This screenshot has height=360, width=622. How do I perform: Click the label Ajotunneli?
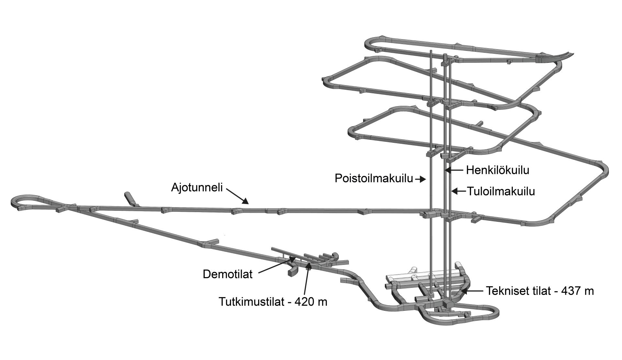click(x=197, y=187)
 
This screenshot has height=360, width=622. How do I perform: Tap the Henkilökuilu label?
click(x=498, y=170)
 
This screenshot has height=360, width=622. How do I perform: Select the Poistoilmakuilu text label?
click(x=374, y=178)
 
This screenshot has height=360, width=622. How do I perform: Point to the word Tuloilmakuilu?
click(x=501, y=191)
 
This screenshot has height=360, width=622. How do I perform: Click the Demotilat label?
click(x=227, y=274)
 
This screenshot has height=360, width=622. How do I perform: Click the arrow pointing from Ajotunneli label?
click(x=237, y=196)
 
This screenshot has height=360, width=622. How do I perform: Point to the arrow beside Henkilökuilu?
click(x=454, y=170)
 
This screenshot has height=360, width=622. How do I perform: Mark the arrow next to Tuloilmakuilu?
click(x=459, y=191)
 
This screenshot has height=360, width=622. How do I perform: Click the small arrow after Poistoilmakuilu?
click(x=420, y=179)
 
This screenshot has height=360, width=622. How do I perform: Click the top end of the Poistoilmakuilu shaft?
click(x=431, y=51)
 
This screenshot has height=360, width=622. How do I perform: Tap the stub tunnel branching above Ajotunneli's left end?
click(x=131, y=199)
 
